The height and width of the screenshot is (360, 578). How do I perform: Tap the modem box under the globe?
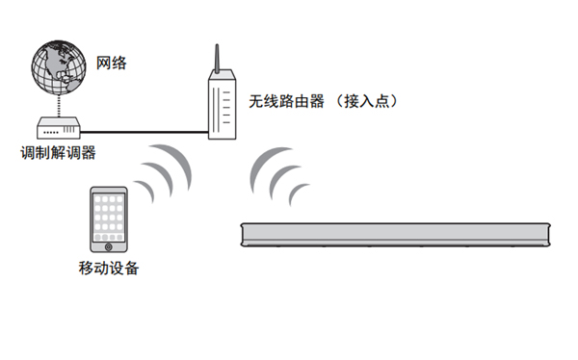pos(61,128)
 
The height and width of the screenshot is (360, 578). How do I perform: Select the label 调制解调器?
pos(59,152)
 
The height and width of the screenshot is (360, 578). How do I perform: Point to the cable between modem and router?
pos(144,132)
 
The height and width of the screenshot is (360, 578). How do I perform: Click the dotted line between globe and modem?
pos(60,105)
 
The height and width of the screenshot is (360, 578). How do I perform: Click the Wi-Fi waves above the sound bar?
pos(278,178)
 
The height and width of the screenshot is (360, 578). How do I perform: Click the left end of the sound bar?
pos(245,235)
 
